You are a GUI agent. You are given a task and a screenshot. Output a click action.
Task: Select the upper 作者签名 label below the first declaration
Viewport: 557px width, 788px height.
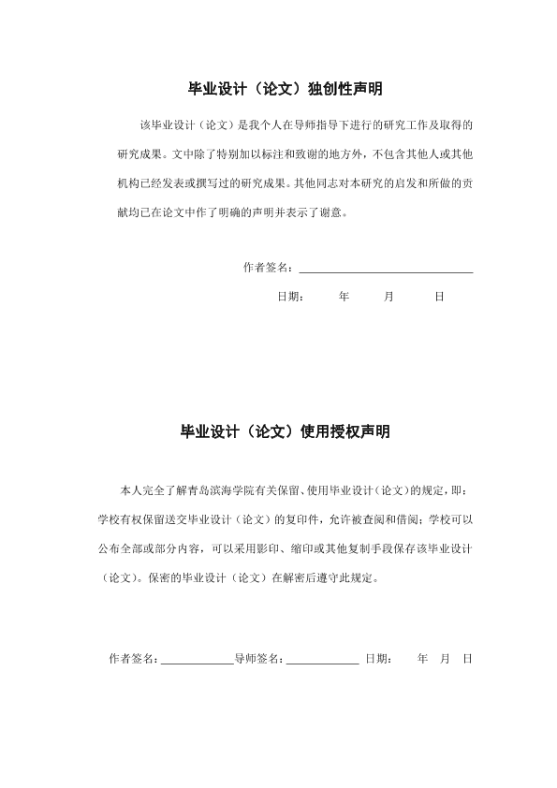267,268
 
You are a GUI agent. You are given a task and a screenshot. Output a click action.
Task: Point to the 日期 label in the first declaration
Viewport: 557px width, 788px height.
289,297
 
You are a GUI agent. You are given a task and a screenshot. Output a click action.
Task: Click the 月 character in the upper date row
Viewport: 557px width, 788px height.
388,297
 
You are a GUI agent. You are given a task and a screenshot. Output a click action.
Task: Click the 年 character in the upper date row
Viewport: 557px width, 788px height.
344,297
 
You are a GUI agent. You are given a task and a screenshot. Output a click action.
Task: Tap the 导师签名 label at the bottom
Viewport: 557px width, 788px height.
257,659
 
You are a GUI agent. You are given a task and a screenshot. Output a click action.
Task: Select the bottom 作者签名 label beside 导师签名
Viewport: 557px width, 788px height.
133,659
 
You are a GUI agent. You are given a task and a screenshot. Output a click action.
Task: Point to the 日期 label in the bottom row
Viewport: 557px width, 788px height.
377,659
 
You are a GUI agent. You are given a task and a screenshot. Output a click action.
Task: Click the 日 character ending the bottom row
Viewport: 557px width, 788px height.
466,659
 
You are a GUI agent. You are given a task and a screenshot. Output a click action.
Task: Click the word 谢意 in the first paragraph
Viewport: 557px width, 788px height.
334,212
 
